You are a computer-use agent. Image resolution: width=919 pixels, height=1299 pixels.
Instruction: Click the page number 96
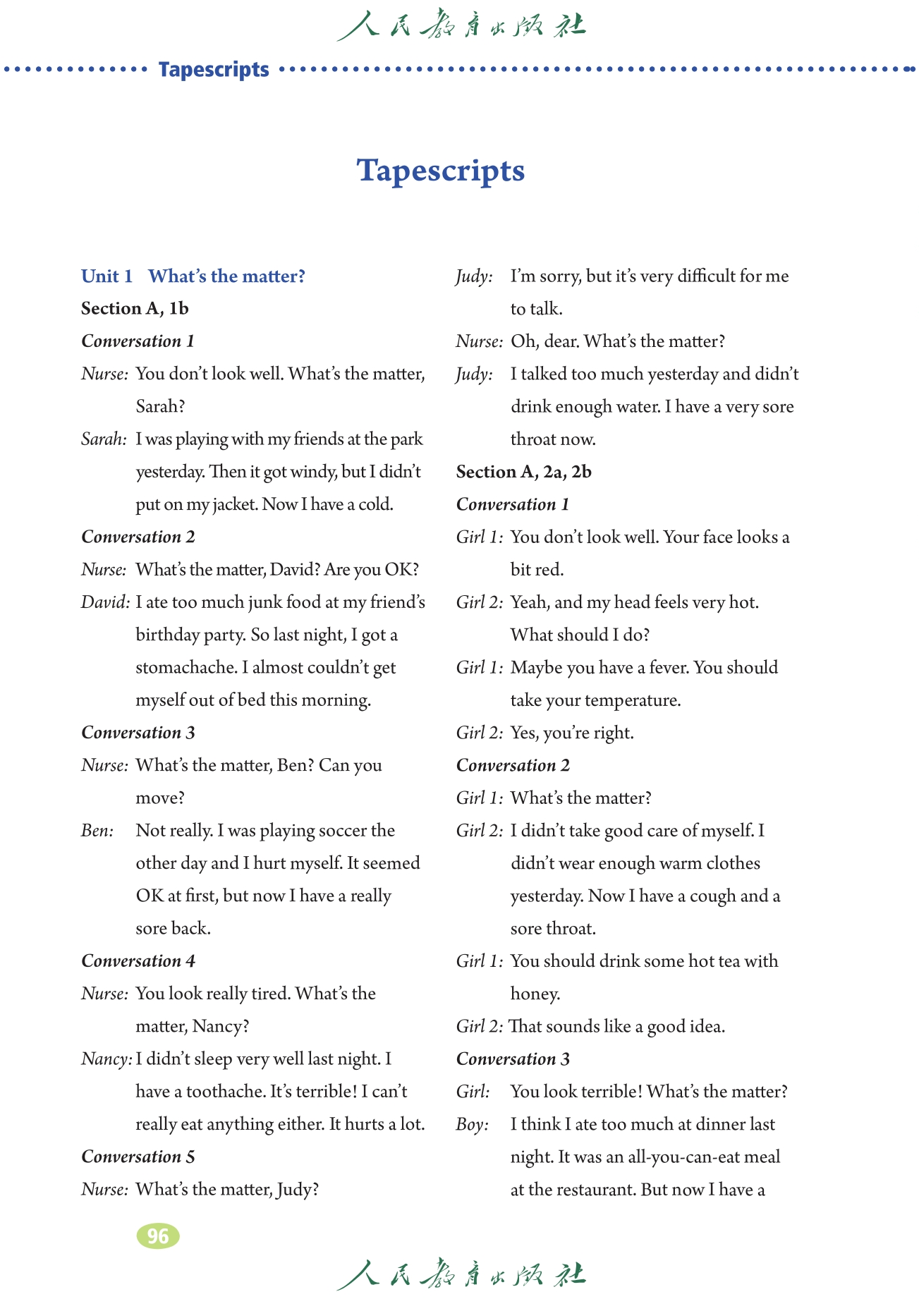(158, 1236)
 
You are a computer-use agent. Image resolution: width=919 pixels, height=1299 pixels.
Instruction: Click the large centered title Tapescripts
(441, 171)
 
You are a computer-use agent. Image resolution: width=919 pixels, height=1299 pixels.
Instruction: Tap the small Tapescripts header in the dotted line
(214, 69)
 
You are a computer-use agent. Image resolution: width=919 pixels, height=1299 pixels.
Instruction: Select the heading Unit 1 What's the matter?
(193, 276)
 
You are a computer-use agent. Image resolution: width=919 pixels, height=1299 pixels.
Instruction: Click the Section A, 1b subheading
(135, 308)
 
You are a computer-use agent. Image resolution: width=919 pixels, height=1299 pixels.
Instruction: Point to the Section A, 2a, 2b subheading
(523, 472)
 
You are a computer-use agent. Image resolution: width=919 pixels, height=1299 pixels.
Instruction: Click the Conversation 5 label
(138, 1157)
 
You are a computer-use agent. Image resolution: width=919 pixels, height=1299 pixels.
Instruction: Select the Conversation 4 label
(138, 960)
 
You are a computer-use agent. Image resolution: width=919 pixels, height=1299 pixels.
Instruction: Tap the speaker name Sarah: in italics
(104, 439)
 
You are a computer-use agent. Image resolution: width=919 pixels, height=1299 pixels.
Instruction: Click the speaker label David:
(106, 602)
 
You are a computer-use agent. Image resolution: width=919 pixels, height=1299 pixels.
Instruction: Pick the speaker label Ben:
(97, 831)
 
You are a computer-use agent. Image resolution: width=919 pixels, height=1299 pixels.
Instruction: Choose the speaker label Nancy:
(106, 1059)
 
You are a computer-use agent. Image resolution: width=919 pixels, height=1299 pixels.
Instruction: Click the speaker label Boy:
(472, 1124)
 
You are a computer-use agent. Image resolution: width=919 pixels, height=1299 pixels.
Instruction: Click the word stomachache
(185, 667)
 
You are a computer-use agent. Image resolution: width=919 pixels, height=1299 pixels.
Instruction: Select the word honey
(535, 994)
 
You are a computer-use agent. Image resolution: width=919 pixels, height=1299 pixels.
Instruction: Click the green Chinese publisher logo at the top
(460, 25)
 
